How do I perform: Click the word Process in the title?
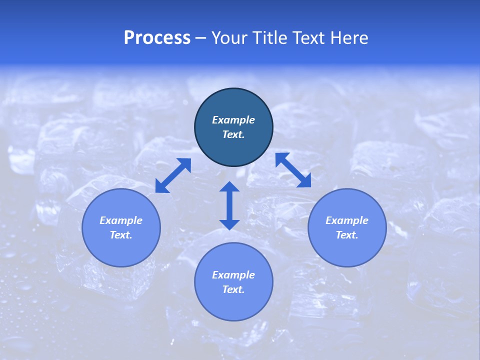tap(157, 38)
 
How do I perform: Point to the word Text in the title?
tap(309, 38)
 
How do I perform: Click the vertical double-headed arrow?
tap(229, 205)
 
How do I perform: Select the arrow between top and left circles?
tap(173, 175)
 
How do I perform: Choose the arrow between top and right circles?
tap(293, 170)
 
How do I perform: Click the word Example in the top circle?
tap(233, 120)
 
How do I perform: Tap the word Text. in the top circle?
tap(233, 134)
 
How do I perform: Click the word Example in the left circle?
tap(121, 220)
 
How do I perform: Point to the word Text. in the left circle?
tap(121, 235)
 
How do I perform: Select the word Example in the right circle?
tap(347, 220)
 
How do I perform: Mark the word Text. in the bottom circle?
tap(233, 289)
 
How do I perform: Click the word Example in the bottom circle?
tap(233, 275)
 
